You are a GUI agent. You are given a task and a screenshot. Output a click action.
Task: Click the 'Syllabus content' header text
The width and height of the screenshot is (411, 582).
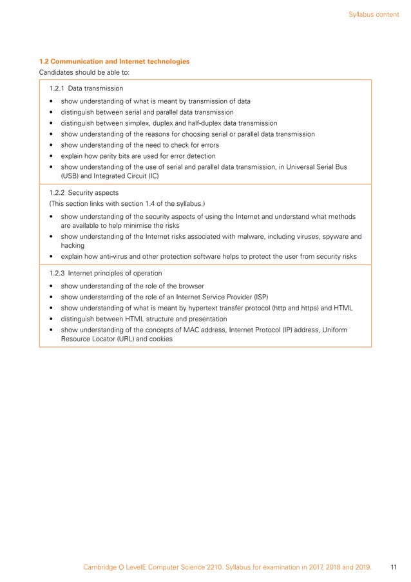point(374,14)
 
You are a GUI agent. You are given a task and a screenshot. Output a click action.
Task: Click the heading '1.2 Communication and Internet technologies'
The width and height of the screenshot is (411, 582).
point(115,61)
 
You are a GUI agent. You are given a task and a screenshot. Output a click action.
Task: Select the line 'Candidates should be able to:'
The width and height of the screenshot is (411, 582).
point(84,72)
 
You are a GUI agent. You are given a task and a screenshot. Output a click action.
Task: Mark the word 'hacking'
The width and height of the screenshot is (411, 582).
point(73,245)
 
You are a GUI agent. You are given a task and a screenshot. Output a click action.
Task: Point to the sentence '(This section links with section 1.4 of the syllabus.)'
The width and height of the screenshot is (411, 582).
point(127,204)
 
